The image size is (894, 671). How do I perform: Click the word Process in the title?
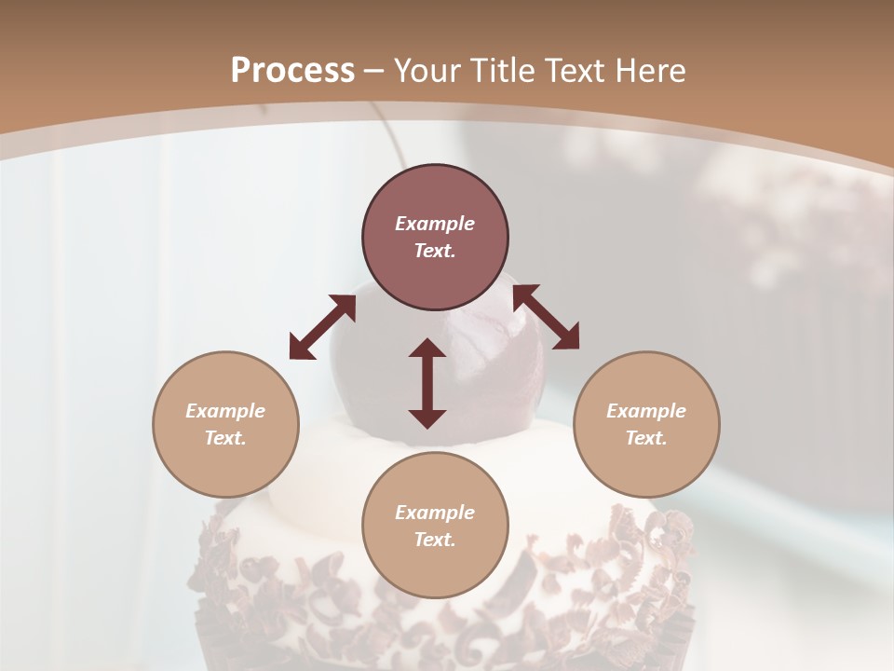[x=292, y=71]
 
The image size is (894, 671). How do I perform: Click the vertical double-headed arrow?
[x=427, y=384]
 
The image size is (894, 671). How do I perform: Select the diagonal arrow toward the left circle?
[x=322, y=327]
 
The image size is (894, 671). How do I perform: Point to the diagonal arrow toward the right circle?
[x=546, y=317]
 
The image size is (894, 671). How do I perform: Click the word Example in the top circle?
[x=435, y=224]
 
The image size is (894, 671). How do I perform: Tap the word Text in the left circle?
[x=225, y=439]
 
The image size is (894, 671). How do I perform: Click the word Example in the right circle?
[x=646, y=411]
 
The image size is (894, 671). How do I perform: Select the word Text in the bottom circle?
[x=435, y=541]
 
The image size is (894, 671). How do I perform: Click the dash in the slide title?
[x=373, y=71]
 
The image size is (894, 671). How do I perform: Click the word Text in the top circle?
[x=435, y=252]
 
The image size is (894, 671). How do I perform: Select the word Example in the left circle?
[x=225, y=411]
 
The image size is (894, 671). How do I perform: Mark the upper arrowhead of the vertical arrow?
[x=427, y=349]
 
